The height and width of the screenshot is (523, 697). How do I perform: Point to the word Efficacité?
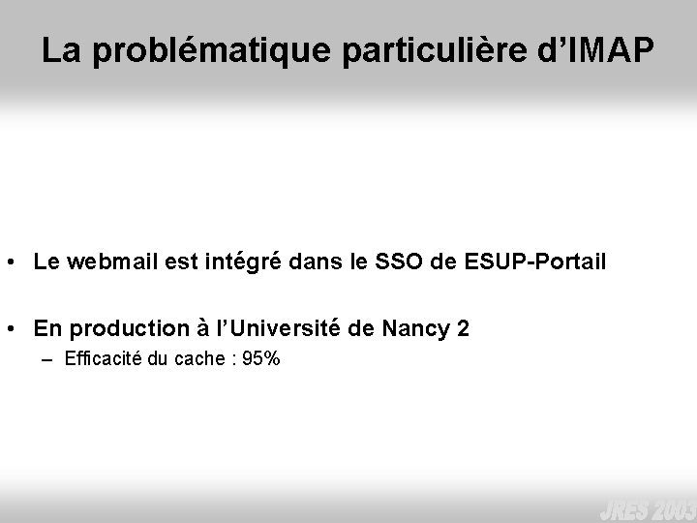pyautogui.click(x=104, y=360)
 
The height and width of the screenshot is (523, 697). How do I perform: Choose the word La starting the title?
pyautogui.click(x=59, y=53)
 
